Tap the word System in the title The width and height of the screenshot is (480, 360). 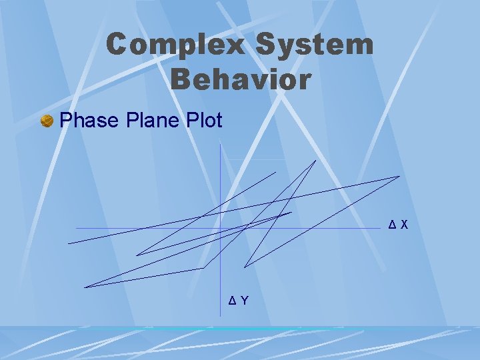pos(315,45)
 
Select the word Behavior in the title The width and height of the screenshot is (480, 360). pos(241,80)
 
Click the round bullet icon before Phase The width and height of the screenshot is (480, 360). pos(47,121)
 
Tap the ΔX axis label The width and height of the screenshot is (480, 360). pos(399,226)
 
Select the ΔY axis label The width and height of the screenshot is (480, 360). pos(239,301)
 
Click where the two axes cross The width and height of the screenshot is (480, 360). pos(220,228)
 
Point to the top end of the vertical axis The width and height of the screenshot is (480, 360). pos(220,145)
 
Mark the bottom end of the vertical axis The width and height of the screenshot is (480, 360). pos(220,313)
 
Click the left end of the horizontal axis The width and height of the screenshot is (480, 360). pos(76,228)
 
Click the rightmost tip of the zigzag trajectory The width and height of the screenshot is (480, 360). pos(399,176)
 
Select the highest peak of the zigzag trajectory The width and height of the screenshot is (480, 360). pos(315,160)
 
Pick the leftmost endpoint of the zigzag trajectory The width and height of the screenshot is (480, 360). pos(68,243)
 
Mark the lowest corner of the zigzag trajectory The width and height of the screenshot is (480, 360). pos(85,287)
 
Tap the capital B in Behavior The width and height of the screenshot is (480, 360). pos(181,80)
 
